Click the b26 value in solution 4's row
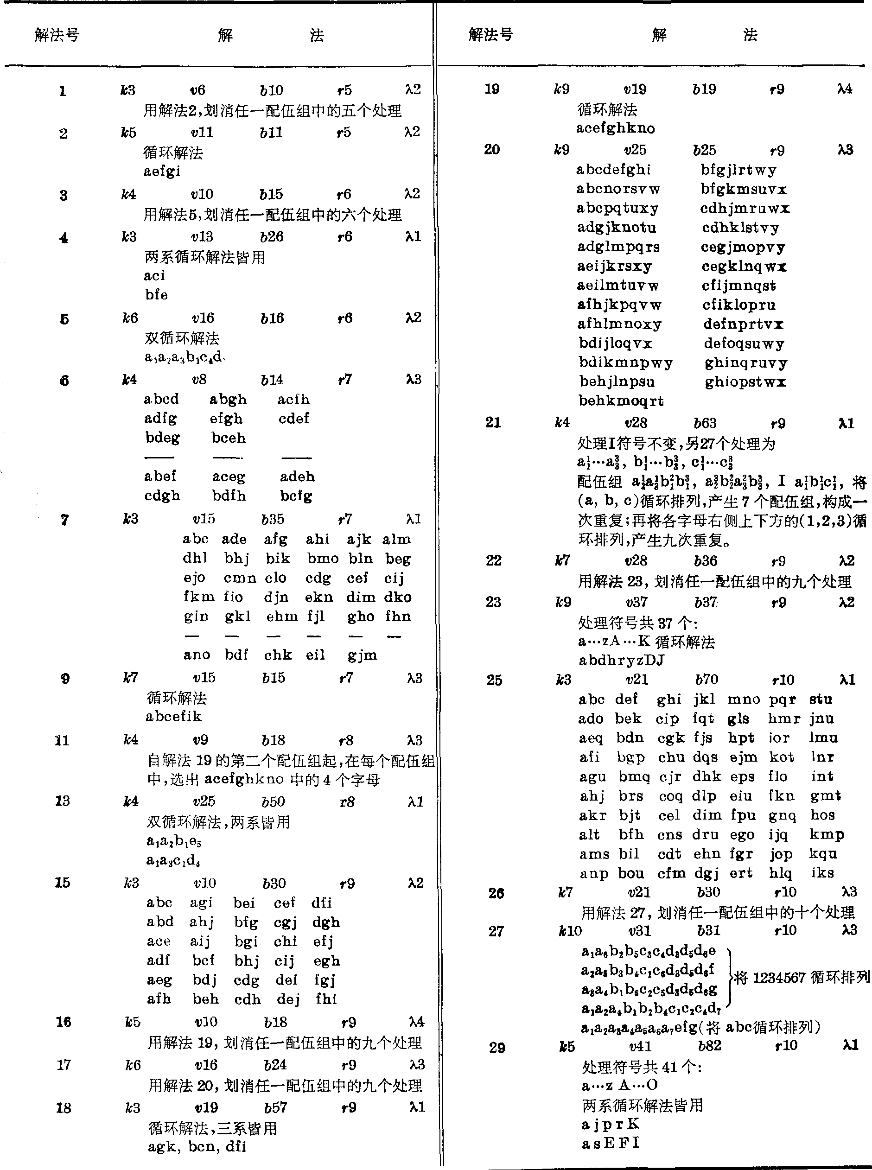tap(272, 237)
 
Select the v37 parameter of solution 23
tap(636, 603)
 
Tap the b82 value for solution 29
tap(709, 1046)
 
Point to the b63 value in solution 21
tap(705, 423)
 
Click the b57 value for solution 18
tap(275, 1108)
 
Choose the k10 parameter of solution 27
tap(570, 931)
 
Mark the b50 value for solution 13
tap(274, 801)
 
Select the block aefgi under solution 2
tap(162, 172)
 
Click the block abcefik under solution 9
tap(174, 717)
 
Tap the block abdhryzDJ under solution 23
tap(621, 660)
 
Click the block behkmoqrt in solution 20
tap(621, 401)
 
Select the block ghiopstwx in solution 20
tap(745, 382)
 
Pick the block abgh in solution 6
tap(228, 400)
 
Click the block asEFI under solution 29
tap(611, 1143)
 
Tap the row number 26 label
tap(496, 893)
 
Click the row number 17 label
tap(64, 1065)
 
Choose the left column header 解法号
tap(57, 35)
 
